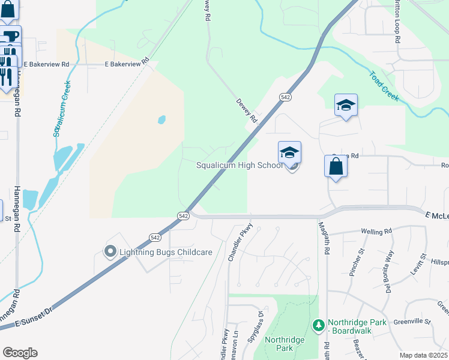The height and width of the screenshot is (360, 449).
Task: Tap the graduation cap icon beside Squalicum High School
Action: [x=289, y=152]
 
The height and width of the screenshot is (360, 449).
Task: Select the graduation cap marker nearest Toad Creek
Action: [x=346, y=106]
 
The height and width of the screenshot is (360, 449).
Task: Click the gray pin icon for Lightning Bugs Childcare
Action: [x=110, y=251]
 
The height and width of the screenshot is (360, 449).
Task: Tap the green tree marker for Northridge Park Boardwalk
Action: [x=319, y=326]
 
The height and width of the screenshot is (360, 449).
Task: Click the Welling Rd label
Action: [x=376, y=230]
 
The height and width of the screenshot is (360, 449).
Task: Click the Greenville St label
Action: [x=413, y=322]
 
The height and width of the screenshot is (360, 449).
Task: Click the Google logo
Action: [x=20, y=353]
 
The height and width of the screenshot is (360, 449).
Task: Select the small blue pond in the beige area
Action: [x=161, y=119]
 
